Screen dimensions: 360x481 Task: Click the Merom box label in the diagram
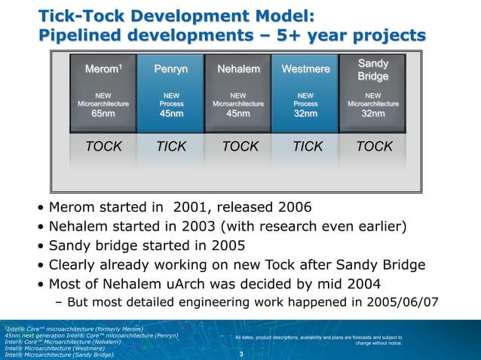103,70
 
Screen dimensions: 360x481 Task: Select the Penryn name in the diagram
171,70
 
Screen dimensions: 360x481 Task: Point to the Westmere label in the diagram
305,70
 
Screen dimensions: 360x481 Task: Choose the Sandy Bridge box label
372,69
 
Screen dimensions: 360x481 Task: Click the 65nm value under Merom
103,114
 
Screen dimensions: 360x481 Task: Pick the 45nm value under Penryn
171,114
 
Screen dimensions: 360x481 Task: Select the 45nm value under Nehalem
238,114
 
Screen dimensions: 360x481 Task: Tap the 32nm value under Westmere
305,114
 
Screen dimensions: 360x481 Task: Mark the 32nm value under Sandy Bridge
372,114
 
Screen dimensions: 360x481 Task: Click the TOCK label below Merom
104,147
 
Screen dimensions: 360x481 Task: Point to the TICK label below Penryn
171,147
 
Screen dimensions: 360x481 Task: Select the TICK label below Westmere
307,147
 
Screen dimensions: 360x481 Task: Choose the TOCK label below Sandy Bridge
374,147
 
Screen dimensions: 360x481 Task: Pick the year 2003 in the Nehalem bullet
204,227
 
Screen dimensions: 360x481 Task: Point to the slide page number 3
240,354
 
